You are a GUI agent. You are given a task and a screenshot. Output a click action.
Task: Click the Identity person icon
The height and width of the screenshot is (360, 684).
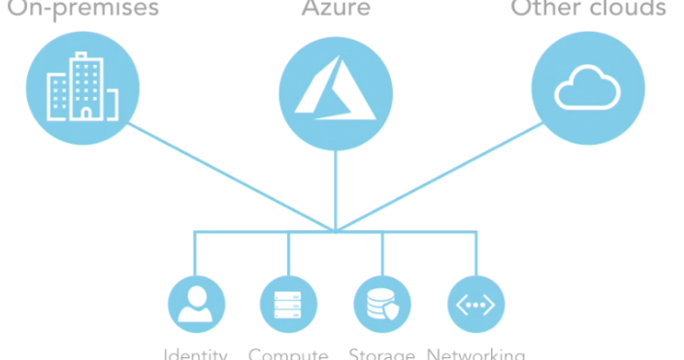tap(196, 304)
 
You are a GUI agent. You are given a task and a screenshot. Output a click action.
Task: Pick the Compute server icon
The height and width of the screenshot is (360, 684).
tap(289, 304)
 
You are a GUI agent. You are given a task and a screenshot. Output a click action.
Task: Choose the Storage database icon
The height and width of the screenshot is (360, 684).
tap(382, 304)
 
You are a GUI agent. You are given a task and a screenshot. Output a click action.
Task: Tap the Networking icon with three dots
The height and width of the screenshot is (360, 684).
tap(475, 304)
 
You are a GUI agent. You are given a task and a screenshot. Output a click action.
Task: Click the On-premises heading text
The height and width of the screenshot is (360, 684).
tap(83, 9)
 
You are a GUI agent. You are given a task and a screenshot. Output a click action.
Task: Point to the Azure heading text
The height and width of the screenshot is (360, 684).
tap(336, 9)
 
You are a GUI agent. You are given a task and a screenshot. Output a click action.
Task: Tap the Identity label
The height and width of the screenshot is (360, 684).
tap(196, 354)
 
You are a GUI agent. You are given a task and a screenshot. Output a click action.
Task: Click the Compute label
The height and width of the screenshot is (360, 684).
tap(289, 354)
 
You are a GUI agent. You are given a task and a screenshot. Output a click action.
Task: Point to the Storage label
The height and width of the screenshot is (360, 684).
tap(382, 354)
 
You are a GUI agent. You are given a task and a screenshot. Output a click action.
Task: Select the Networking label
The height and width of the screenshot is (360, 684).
tap(475, 354)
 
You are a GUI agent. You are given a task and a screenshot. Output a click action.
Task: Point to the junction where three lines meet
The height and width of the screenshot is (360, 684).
tap(336, 231)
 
